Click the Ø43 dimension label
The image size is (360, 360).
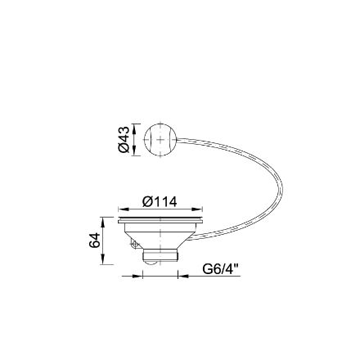(124, 140)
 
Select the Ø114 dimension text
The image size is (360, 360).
(160, 202)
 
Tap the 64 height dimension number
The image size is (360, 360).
(95, 241)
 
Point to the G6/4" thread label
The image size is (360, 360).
(221, 270)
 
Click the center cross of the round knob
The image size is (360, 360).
(160, 139)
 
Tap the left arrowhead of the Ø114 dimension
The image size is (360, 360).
(124, 209)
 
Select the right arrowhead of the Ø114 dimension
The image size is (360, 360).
(197, 209)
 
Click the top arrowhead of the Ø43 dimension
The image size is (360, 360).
(134, 128)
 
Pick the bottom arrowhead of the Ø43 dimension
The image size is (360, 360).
(134, 151)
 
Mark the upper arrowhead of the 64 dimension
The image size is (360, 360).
(102, 223)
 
